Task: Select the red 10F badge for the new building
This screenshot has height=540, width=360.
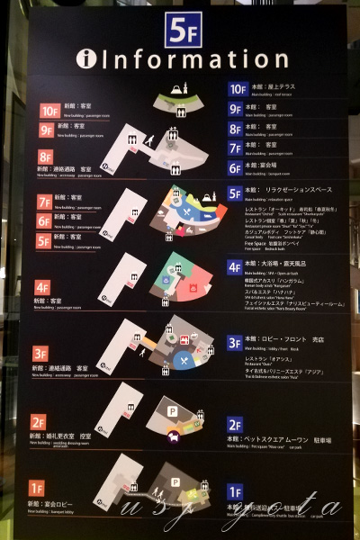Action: point(49,111)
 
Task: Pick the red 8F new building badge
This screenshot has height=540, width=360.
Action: point(44,156)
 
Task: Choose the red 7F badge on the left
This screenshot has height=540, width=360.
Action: point(44,202)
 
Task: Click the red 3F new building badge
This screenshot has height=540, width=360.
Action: point(40,354)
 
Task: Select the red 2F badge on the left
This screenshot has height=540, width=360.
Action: point(38,421)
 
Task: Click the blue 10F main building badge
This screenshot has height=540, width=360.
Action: point(238,88)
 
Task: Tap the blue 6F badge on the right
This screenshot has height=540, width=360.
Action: point(236,167)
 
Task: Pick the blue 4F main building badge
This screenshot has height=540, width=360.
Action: point(235,267)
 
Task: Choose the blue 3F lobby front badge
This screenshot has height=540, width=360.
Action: point(235,343)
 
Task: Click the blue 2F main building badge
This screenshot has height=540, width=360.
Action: point(235,425)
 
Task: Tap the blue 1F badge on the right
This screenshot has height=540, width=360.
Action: point(235,491)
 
